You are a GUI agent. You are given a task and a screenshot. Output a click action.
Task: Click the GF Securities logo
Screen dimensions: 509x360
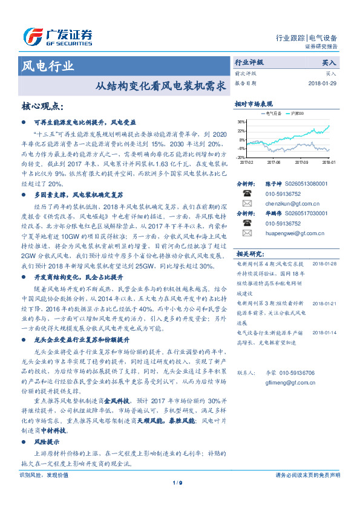point(57,37)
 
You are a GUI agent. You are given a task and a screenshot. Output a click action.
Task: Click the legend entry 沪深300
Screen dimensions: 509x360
point(296,113)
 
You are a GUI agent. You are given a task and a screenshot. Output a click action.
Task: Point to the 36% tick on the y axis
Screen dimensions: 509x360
point(241,122)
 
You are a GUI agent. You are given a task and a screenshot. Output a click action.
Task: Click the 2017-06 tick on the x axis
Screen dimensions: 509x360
point(273,162)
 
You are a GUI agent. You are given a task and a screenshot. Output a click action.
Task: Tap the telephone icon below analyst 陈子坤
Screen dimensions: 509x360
point(247,193)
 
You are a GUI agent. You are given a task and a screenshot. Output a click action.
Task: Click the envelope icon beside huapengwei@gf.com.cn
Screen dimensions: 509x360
point(247,232)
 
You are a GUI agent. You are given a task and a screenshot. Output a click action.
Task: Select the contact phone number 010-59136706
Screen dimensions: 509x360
point(293,373)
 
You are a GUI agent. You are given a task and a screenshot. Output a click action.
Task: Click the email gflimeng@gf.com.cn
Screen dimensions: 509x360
point(292,382)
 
